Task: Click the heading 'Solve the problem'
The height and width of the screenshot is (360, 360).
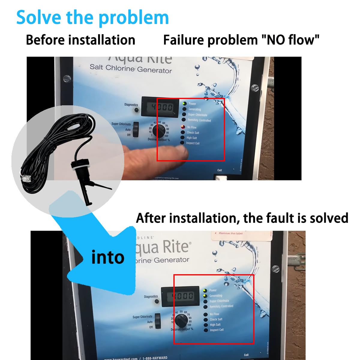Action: coord(92,17)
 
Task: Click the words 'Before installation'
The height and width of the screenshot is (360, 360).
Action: coord(80,40)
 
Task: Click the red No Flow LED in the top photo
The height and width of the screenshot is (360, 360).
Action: coord(183,127)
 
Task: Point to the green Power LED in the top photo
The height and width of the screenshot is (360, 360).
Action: coord(184,103)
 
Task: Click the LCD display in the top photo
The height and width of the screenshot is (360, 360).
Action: coord(162,107)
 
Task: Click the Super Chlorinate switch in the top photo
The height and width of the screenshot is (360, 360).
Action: coord(136,129)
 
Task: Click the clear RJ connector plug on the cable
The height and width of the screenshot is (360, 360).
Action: coord(25,178)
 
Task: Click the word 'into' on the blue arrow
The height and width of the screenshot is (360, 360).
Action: coord(108,257)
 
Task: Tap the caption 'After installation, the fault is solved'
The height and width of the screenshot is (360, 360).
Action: coord(242,218)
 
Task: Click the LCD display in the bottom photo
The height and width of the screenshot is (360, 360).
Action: coord(181,296)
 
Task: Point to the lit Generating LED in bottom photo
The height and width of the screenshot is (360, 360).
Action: coord(205,296)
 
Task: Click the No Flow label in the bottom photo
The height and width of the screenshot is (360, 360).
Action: coord(214,314)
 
